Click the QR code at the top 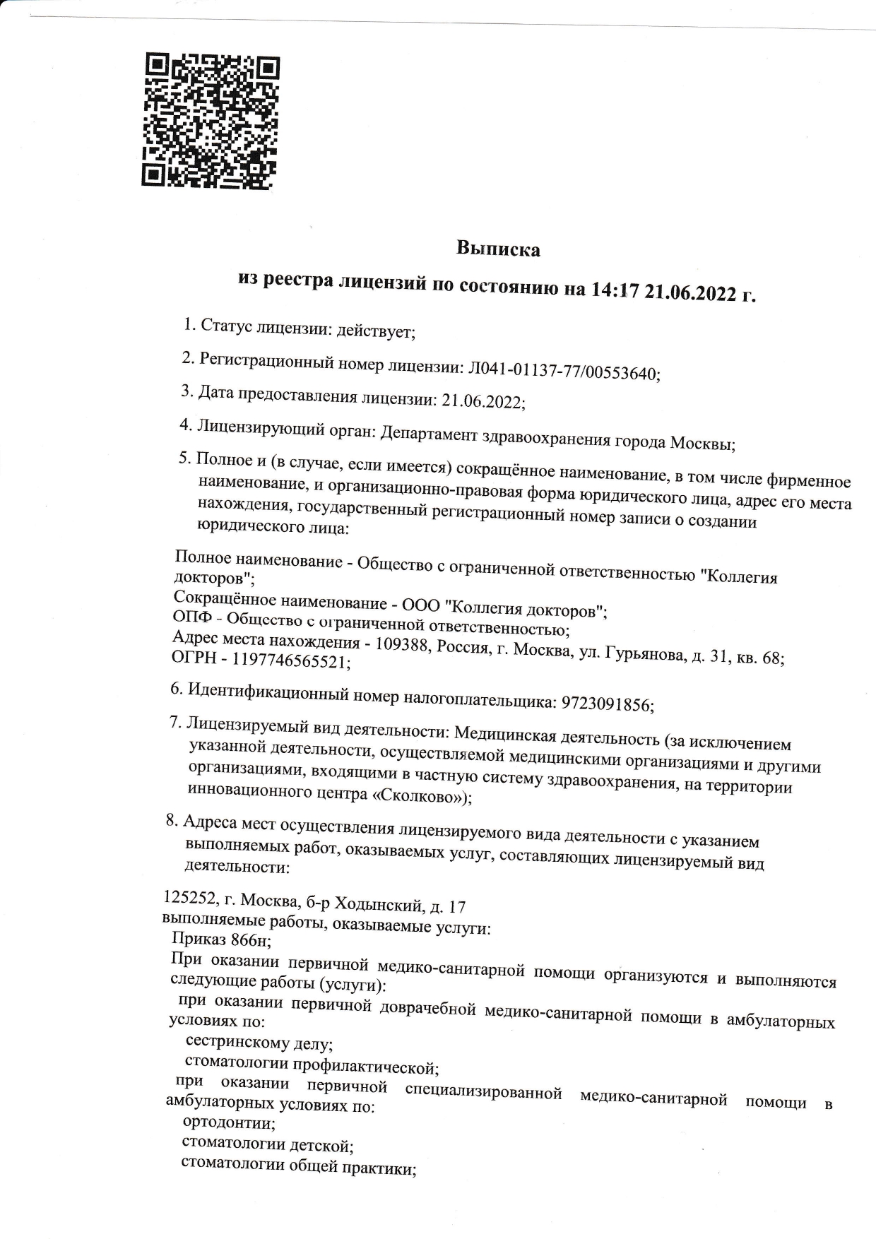pos(211,121)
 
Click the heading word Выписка pos(498,249)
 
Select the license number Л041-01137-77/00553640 pos(560,370)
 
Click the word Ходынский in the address pos(377,904)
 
